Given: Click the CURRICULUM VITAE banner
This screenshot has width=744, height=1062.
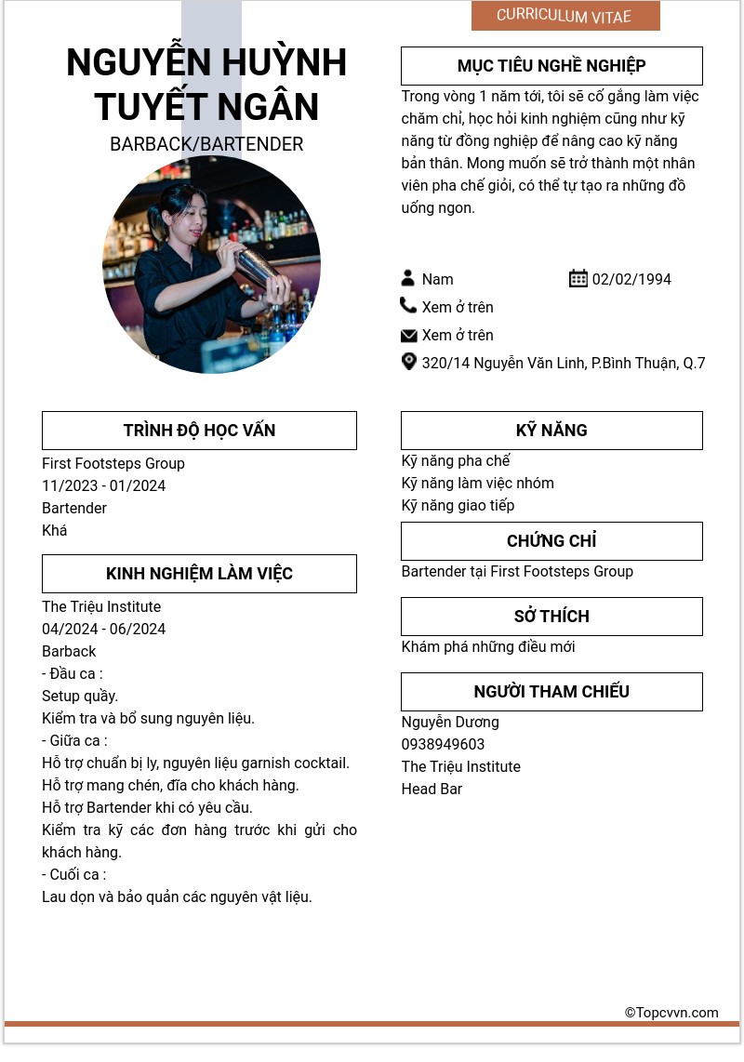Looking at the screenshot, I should pos(565,16).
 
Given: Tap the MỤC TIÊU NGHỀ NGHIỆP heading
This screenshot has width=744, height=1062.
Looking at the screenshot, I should pos(551,66).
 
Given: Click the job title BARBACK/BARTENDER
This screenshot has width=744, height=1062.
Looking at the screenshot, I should pos(206,144).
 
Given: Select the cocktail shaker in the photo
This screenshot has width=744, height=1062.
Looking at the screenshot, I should pos(256,268).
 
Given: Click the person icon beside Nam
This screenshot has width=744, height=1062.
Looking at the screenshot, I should pos(408,278).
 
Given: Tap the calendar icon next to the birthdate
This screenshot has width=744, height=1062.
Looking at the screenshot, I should pos(578,278).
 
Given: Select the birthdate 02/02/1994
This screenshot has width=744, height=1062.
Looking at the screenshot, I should pos(631,279).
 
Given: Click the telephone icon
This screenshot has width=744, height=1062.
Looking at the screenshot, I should pos(408,306).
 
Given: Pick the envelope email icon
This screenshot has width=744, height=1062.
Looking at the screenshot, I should pos(408,335).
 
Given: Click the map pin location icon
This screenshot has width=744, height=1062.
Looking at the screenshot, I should pos(408,362).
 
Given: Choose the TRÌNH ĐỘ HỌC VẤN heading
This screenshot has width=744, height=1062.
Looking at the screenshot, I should pos(199,431).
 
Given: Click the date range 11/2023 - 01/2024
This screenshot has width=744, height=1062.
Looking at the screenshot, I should pos(104,485).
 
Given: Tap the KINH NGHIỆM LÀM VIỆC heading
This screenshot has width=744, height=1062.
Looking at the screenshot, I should pos(199,574).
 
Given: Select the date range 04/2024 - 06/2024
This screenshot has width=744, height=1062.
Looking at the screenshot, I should pos(104,629).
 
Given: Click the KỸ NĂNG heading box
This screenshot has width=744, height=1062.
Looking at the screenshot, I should pos(551,431).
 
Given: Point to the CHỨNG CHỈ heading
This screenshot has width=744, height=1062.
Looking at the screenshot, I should pos(551,541).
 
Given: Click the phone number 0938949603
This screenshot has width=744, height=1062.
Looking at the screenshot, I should pos(443,744).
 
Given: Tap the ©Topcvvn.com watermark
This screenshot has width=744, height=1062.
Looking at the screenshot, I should pos(671,1013).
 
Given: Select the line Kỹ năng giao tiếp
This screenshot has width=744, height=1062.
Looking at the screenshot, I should pos(458,505).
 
